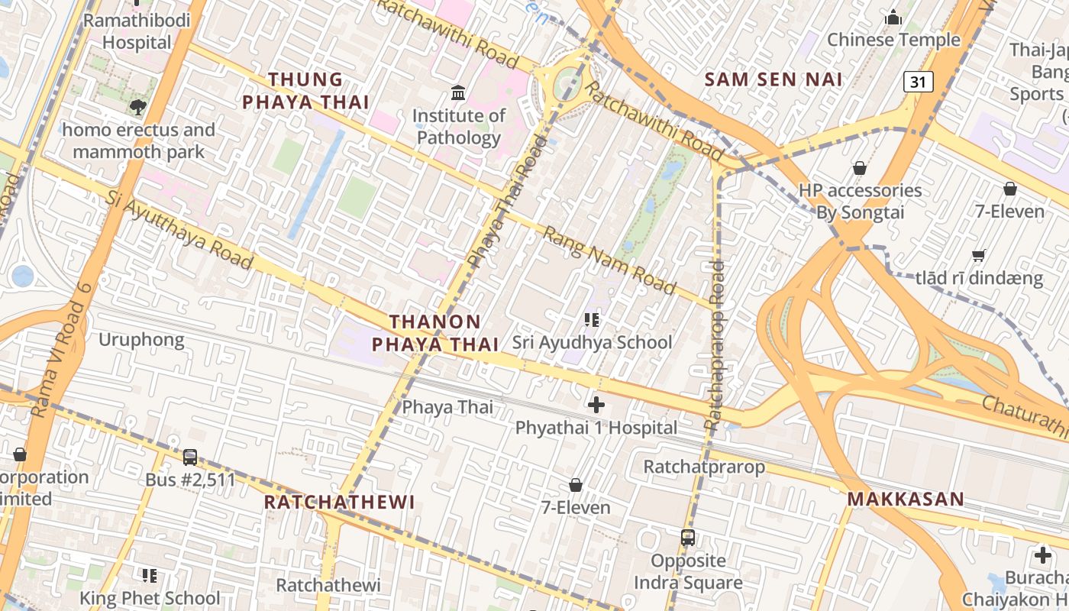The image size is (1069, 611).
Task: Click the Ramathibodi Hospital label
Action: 137,31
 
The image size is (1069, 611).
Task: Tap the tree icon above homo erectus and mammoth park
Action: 138,107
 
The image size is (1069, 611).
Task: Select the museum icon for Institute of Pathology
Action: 458,93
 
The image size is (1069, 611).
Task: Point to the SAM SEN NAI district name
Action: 773,79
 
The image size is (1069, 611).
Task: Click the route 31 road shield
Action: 919,81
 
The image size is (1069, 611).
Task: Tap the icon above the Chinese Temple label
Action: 893,18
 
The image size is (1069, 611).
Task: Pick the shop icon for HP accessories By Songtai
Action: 860,168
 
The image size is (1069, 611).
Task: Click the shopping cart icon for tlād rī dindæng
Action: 979,256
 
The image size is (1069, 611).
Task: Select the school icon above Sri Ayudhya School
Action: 592,319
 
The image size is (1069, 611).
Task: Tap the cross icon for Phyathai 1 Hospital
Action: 596,405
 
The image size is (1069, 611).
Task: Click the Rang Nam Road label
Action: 609,260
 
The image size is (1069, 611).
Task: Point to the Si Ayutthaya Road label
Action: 179,231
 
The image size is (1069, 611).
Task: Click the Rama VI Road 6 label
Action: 62,350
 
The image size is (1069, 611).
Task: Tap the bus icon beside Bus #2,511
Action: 190,457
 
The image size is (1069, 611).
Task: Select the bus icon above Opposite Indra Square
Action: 688,538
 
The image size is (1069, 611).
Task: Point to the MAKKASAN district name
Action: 906,499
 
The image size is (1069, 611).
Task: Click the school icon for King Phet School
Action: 150,576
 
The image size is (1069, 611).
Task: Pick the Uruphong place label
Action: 141,340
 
